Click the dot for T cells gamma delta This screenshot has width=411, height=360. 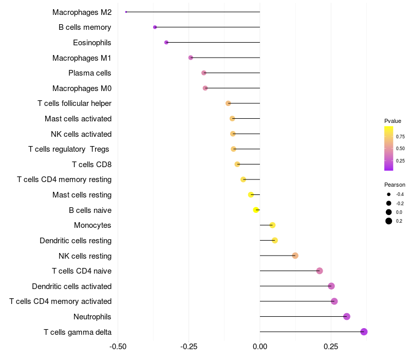click(x=364, y=332)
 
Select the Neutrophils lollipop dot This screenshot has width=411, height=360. click(x=347, y=316)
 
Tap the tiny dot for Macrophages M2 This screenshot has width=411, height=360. click(x=126, y=12)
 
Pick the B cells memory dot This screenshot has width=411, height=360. click(x=155, y=27)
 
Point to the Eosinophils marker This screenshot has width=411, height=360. click(x=166, y=42)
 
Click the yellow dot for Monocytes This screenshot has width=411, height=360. click(x=272, y=225)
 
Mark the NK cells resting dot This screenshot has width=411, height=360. click(x=295, y=256)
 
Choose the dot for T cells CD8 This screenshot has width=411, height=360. click(x=237, y=164)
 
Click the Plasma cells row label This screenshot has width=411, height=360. click(x=90, y=73)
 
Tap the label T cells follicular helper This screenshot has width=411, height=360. click(x=74, y=103)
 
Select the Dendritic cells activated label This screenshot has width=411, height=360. click(x=72, y=286)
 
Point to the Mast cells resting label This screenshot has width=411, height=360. click(x=82, y=195)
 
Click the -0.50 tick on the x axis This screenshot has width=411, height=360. click(x=118, y=347)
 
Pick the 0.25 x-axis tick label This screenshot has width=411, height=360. click(x=331, y=347)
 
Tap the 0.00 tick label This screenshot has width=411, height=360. click(x=260, y=347)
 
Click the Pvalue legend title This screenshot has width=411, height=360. click(x=393, y=121)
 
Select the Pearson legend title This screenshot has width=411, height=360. click(x=395, y=185)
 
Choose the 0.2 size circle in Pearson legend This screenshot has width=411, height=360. click(x=389, y=221)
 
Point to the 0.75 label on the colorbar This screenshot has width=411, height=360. click(x=400, y=136)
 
